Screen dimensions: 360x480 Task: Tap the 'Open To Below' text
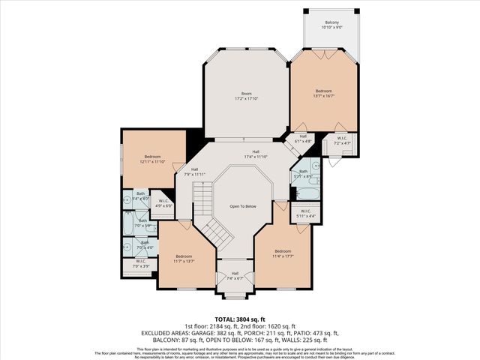coord(243,206)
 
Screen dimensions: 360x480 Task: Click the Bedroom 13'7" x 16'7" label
coord(323,93)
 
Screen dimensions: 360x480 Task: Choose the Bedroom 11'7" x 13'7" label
coord(184,258)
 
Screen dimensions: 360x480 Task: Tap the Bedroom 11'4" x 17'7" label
coord(282,253)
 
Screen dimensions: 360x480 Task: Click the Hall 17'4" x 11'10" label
coord(255,154)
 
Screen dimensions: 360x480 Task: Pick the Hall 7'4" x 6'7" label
coord(235,275)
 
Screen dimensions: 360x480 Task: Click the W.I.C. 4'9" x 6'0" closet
coord(163,202)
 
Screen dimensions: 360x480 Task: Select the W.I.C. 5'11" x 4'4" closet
coord(306,214)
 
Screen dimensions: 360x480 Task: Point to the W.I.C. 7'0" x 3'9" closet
coord(141,263)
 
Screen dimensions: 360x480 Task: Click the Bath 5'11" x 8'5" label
coord(304,174)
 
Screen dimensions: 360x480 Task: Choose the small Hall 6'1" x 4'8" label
coord(302,139)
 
